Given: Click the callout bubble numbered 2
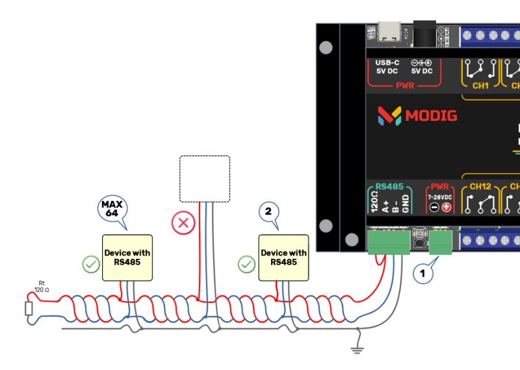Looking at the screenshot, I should [x=268, y=211].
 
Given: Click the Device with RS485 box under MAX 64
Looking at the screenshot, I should [x=127, y=258].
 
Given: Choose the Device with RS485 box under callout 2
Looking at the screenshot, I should [x=283, y=258].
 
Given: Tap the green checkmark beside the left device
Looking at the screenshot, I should [x=91, y=265].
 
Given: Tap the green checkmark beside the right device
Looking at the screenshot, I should [x=246, y=264].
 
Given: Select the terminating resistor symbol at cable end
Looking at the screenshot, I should [x=29, y=308].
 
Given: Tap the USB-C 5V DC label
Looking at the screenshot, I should [x=387, y=67].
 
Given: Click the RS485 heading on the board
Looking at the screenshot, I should [x=390, y=186].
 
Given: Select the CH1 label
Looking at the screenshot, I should [x=480, y=85].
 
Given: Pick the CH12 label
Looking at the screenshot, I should [x=480, y=187].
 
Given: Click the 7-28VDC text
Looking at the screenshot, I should [x=440, y=196].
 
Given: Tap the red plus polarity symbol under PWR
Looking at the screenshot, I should [x=447, y=207].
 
